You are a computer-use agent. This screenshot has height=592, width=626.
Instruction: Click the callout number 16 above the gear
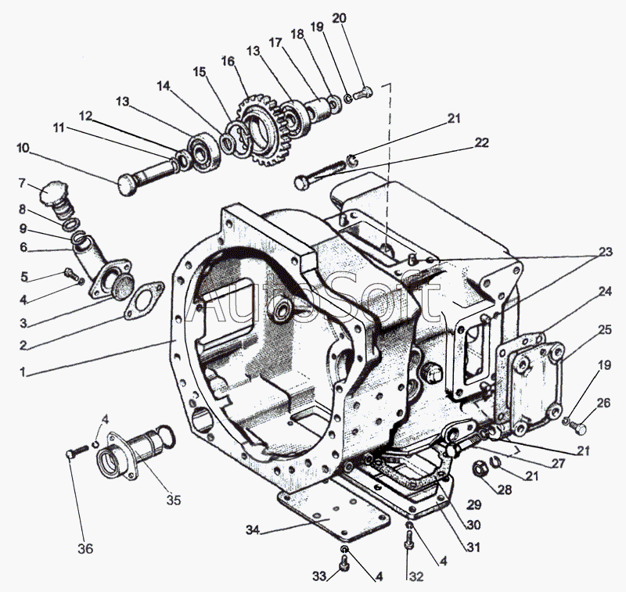[228, 62]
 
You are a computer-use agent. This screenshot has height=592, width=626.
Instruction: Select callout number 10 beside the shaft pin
[23, 148]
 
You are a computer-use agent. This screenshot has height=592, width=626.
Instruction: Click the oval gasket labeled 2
[144, 300]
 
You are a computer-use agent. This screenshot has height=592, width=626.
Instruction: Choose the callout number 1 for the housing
[23, 372]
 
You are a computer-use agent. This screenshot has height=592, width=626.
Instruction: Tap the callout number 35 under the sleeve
[174, 500]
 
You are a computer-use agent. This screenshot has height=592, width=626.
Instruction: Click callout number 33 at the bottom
[320, 576]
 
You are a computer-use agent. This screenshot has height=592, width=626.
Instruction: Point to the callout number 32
[416, 576]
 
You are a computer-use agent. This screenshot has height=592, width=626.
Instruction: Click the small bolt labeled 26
[577, 428]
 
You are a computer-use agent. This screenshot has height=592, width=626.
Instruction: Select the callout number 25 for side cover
[604, 329]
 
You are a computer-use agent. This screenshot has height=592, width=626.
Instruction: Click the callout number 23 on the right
[604, 252]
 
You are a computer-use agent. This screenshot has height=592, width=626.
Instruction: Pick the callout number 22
[481, 142]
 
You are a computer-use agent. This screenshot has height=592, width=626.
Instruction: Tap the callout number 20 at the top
[339, 18]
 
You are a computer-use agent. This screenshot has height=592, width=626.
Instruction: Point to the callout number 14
[163, 86]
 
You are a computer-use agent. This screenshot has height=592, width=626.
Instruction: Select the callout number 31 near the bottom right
[473, 547]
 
